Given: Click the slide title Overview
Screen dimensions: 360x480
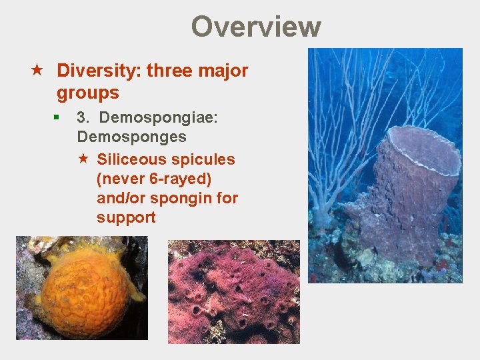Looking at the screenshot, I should [256, 27].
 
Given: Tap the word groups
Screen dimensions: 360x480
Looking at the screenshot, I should [87, 93].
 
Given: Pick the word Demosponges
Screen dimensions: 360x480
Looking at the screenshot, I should [131, 137].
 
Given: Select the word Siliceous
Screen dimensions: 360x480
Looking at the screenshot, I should [131, 159].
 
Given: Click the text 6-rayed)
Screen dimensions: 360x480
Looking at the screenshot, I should [179, 179].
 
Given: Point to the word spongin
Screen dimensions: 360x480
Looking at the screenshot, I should [185, 198].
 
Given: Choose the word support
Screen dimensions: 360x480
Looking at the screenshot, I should [126, 217].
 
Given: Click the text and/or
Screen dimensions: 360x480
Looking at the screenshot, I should [122, 198].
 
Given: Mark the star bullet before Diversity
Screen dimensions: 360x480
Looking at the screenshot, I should [38, 71].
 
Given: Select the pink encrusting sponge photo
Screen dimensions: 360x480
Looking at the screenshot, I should [233, 292].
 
